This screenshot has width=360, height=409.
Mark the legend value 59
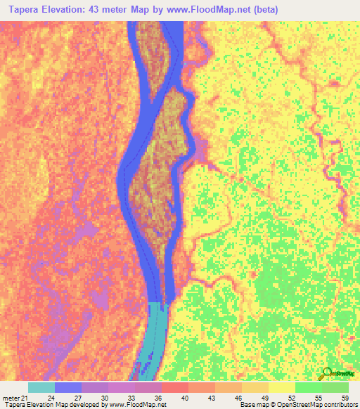(345, 398)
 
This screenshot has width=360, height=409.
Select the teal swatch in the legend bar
(41, 387)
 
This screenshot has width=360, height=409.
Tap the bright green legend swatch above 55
(309, 387)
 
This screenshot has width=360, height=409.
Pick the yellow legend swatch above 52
(282, 387)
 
